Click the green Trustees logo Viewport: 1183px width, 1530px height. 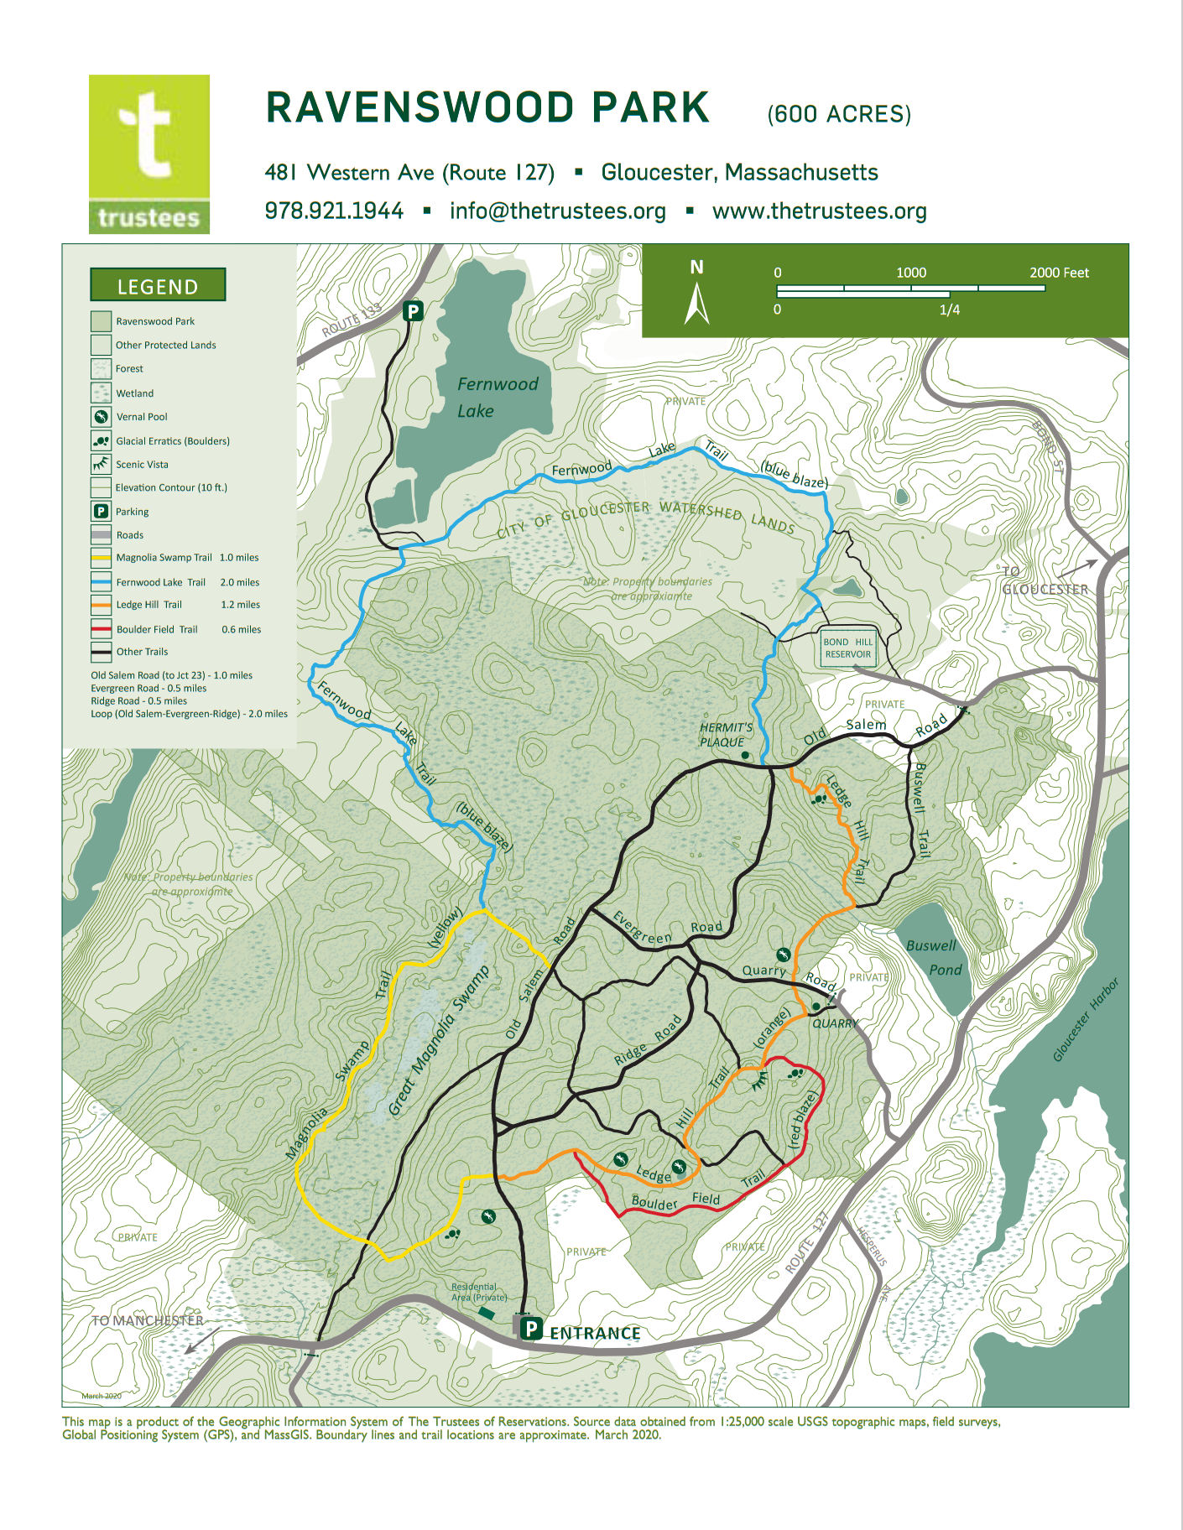[149, 154]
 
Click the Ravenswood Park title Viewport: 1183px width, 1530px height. [487, 108]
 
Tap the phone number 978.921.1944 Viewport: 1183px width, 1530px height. [334, 211]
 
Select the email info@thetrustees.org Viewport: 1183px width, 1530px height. [557, 211]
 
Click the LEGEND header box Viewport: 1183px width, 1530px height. [158, 285]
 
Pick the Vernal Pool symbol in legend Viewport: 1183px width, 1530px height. [101, 417]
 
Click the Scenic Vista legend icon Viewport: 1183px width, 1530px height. [101, 464]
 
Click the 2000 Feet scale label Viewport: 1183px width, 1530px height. [1059, 273]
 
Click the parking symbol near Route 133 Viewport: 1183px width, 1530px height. [413, 311]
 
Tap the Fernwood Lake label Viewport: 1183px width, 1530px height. [497, 397]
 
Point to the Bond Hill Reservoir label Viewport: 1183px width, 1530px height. [847, 648]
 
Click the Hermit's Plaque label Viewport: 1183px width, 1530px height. [726, 735]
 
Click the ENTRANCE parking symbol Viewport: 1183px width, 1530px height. [530, 1328]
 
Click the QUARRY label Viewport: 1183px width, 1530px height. [835, 1023]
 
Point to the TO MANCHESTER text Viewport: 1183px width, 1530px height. [148, 1320]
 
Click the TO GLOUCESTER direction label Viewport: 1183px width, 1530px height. [1044, 581]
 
